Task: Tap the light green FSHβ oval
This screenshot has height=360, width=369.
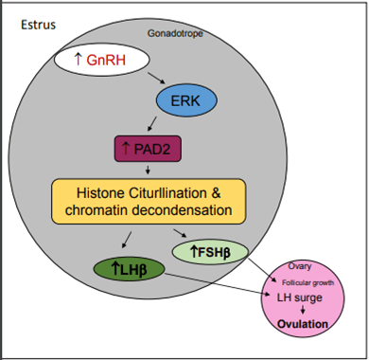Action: [210, 252]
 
